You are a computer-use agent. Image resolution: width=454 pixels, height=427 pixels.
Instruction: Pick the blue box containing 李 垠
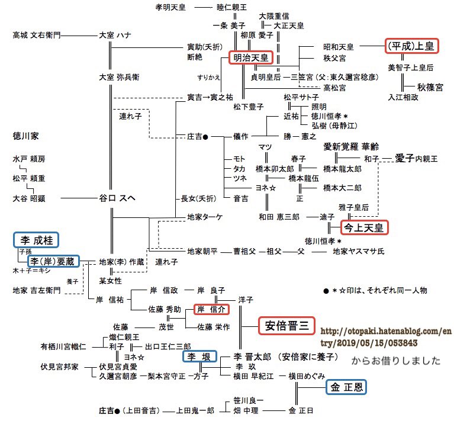199,357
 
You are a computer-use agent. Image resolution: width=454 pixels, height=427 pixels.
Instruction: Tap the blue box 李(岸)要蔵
53,261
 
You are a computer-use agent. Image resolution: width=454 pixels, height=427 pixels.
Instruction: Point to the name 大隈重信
273,16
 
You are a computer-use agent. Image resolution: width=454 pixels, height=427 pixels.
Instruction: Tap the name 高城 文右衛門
37,36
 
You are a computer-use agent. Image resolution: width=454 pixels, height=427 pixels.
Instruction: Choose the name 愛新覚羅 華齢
351,146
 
